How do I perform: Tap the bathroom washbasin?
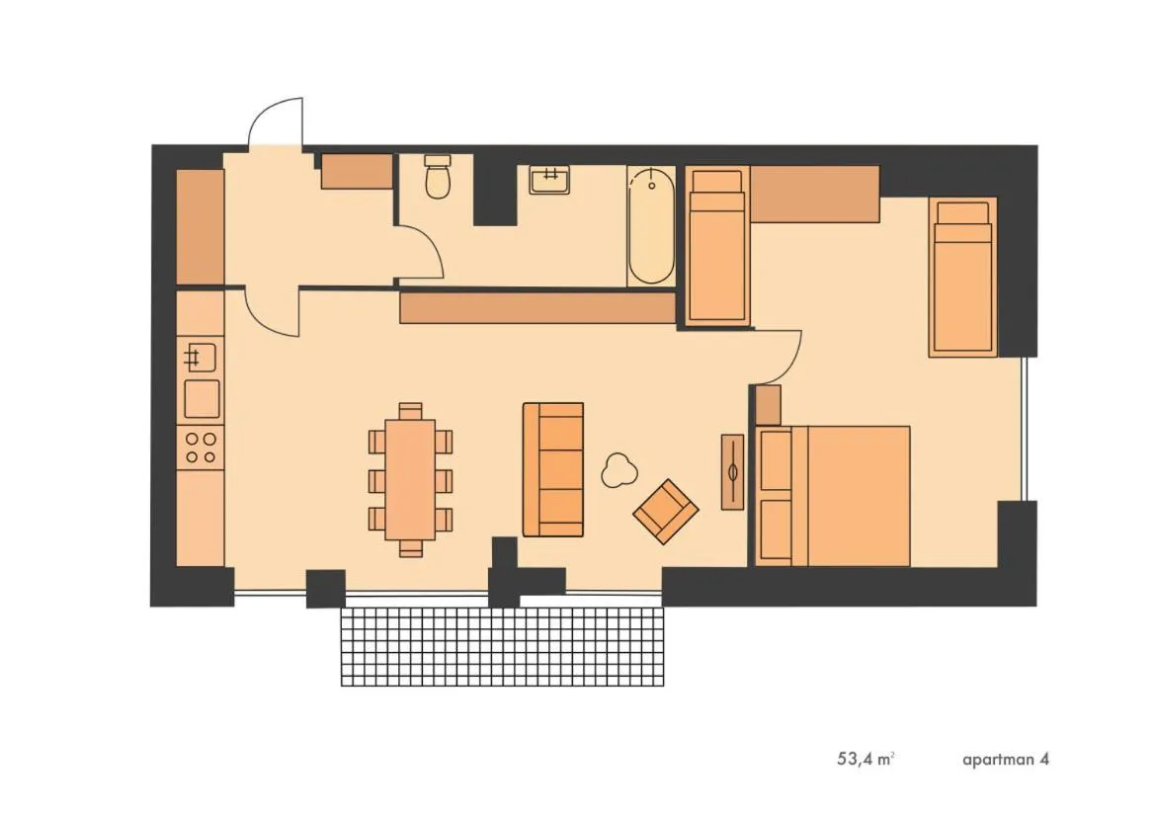coord(549,180)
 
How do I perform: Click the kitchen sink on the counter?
coord(201,355)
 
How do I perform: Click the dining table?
coord(410,479)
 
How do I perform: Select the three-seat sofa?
coord(552,469)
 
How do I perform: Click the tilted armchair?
coord(666,511)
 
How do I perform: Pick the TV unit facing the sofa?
coord(732,471)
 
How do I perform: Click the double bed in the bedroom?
coord(835,496)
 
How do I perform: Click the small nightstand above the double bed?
coord(768,405)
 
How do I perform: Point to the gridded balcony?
coord(502,646)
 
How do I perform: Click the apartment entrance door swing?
coord(276,123)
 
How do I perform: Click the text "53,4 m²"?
coord(866,760)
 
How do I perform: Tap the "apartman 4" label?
coord(1005,760)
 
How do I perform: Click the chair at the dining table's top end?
coord(410,410)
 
